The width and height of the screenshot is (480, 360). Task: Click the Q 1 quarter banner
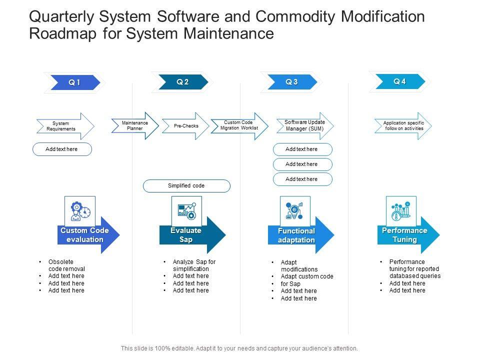pyautogui.click(x=74, y=82)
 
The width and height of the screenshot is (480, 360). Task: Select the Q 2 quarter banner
pyautogui.click(x=183, y=82)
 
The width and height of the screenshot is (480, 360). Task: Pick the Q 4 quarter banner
pyautogui.click(x=399, y=81)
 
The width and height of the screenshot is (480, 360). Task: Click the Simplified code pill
pyautogui.click(x=186, y=186)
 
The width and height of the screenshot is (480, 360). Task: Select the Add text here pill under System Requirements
pyautogui.click(x=62, y=149)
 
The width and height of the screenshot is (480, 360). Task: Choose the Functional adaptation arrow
pyautogui.click(x=298, y=235)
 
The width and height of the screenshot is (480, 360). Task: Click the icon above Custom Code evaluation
pyautogui.click(x=80, y=210)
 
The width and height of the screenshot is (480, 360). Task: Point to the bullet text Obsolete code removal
pyautogui.click(x=61, y=265)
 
